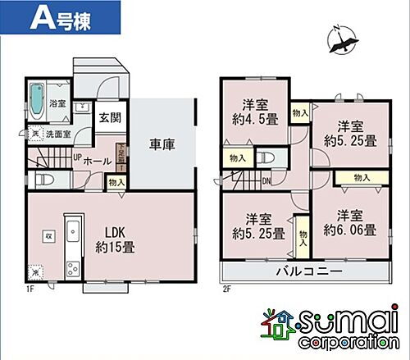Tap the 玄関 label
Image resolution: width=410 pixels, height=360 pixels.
tap(108, 118)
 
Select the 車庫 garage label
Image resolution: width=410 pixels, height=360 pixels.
tap(162, 145)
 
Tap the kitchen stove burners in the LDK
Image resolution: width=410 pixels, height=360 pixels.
tap(71, 267)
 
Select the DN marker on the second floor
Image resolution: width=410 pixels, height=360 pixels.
tap(266, 183)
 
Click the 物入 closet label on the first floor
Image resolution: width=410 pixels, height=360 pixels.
tap(116, 183)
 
